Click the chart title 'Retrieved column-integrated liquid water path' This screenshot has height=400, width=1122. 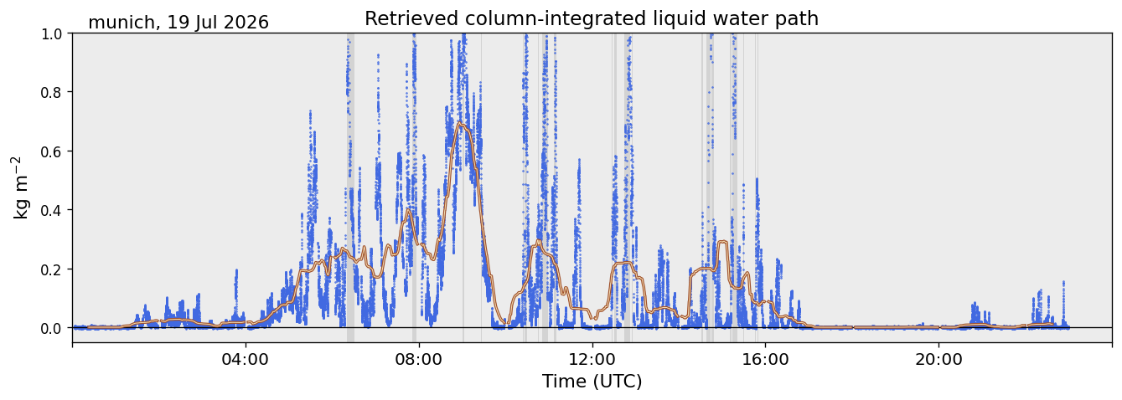(592, 19)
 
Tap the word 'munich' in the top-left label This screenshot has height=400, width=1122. (122, 23)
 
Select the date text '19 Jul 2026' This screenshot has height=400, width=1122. (218, 23)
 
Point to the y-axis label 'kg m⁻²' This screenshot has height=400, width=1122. (20, 187)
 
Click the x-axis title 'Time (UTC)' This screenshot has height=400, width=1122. (592, 382)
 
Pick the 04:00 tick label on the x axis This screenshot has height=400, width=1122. (246, 360)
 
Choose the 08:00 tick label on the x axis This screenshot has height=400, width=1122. (419, 360)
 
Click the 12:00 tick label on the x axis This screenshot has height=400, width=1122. (592, 360)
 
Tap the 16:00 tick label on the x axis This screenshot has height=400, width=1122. (765, 360)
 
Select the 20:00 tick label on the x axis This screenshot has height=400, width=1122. (938, 360)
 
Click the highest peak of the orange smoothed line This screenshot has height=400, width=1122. (460, 124)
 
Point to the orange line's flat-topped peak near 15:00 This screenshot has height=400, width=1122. (722, 242)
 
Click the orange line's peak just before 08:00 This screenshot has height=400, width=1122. (408, 210)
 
